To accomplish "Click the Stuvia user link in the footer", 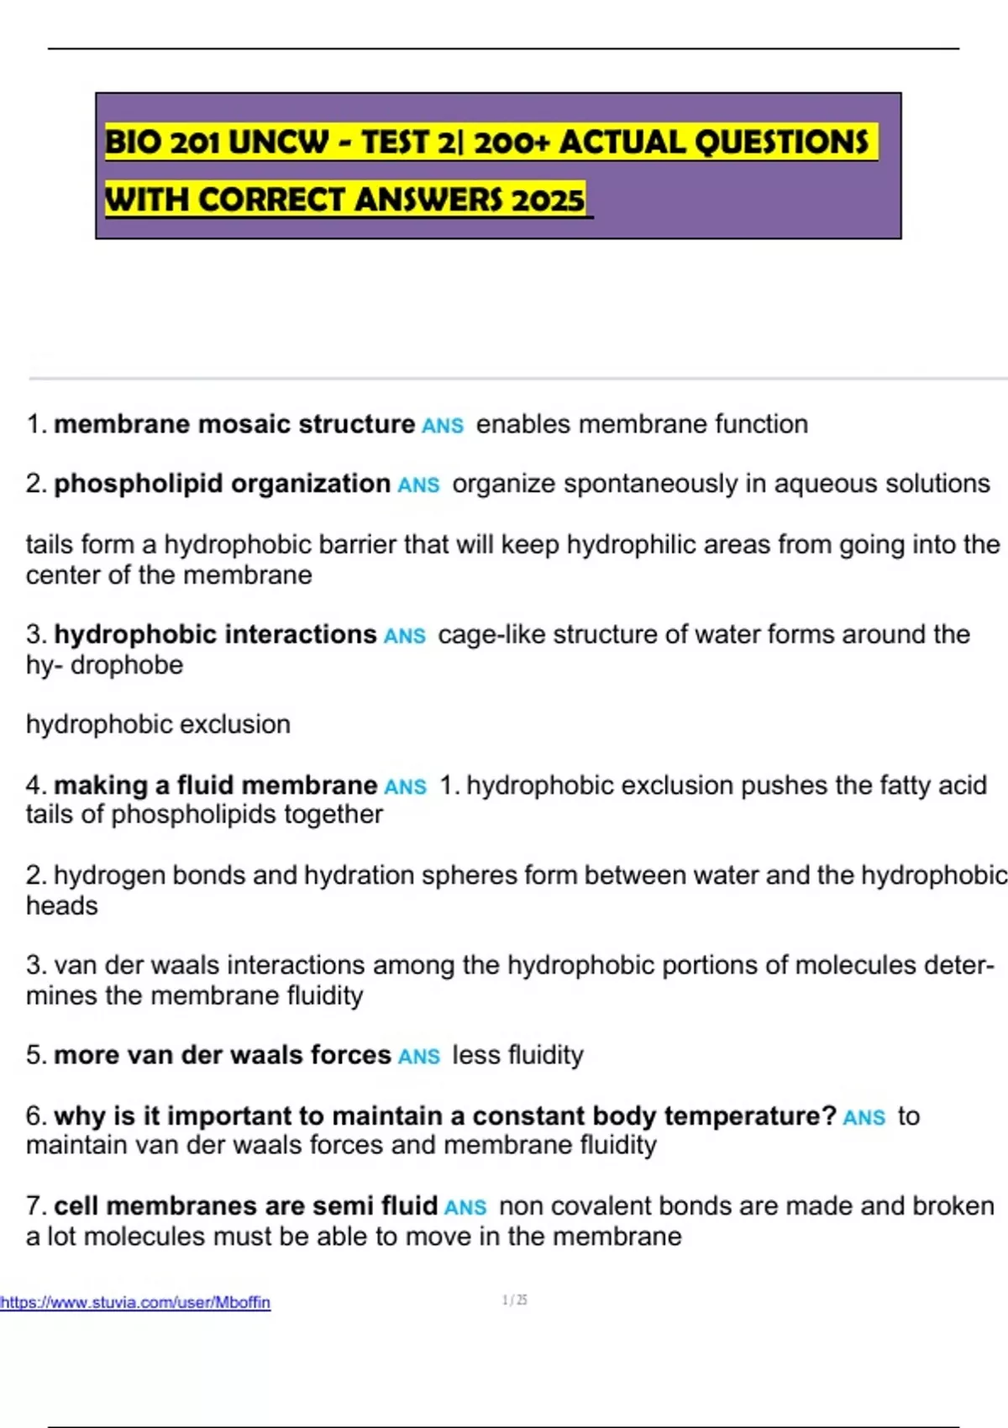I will pyautogui.click(x=135, y=1302).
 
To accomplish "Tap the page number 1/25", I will pyautogui.click(x=514, y=1300).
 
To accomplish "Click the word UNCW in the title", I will pyautogui.click(x=277, y=142).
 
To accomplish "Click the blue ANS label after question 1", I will pyautogui.click(x=443, y=426).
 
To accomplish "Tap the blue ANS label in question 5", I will pyautogui.click(x=419, y=1057).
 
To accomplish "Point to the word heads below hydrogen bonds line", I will pyautogui.click(x=62, y=906).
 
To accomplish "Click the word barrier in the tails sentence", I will pyautogui.click(x=354, y=544).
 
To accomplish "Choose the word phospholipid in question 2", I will pyautogui.click(x=139, y=484).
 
